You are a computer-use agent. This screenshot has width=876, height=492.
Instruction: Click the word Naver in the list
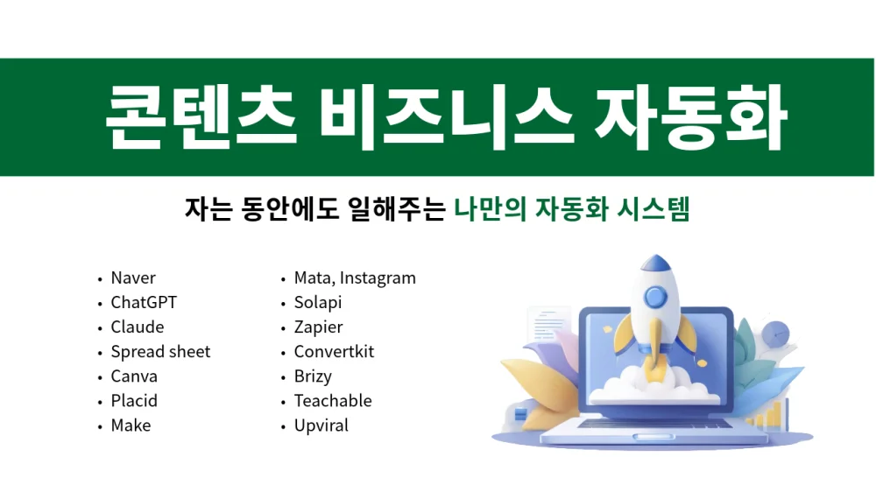(133, 278)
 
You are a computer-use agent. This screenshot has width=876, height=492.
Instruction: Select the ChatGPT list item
(144, 302)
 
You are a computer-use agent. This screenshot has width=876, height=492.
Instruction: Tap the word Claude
(138, 327)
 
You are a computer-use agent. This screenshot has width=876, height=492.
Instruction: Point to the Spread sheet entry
(160, 352)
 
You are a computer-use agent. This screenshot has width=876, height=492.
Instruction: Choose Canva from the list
(134, 376)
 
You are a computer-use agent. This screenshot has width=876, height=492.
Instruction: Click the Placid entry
(134, 400)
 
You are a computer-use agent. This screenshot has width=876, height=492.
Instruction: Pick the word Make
(131, 425)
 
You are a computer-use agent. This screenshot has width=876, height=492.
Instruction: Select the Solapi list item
(318, 303)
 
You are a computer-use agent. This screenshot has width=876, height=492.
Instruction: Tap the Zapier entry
(319, 327)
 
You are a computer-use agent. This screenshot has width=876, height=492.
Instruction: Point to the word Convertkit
(334, 351)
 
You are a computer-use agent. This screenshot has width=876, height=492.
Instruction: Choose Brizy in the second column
(313, 376)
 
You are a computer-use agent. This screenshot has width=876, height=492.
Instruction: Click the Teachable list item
(333, 400)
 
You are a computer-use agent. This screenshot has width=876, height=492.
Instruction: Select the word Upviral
(321, 425)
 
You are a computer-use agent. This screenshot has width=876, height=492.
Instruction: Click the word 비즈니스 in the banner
(447, 118)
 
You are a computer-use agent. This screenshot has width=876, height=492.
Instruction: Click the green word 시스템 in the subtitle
(653, 209)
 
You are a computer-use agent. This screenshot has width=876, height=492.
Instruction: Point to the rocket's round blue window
(655, 297)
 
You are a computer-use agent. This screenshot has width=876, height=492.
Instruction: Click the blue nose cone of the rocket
(656, 262)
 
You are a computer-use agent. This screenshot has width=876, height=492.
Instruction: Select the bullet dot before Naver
(100, 278)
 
